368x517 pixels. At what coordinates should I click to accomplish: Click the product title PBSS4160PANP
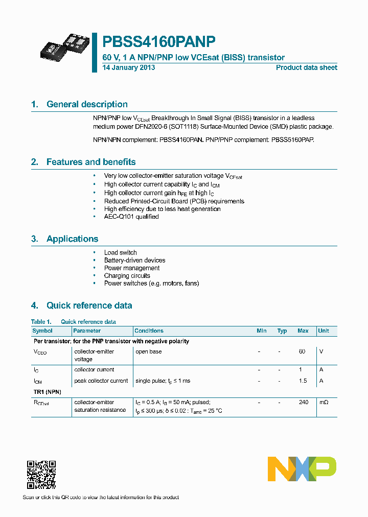click(x=159, y=42)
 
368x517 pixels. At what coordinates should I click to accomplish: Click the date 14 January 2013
click(x=129, y=67)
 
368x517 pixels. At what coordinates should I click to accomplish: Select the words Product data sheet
click(x=306, y=67)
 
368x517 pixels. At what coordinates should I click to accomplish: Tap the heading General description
click(x=87, y=104)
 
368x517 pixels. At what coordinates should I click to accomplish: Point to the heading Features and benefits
click(x=91, y=162)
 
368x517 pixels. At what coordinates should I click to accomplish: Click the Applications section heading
click(x=72, y=239)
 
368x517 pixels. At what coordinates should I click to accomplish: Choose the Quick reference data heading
click(x=89, y=306)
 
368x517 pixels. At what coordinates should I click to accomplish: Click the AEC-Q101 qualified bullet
click(x=131, y=217)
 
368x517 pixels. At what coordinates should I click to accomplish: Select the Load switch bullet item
click(x=120, y=252)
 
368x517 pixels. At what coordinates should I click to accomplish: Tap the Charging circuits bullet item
click(x=127, y=275)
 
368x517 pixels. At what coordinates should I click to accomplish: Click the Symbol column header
click(x=42, y=331)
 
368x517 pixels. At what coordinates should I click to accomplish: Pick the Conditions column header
click(x=149, y=331)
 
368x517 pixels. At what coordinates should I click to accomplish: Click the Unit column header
click(x=324, y=331)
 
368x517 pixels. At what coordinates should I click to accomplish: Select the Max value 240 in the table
click(x=303, y=402)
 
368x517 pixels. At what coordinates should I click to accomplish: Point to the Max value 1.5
click(x=303, y=381)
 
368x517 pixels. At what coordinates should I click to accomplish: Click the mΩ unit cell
click(x=324, y=402)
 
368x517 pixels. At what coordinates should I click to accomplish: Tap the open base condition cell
click(x=148, y=351)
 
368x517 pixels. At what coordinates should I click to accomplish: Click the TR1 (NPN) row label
click(x=47, y=391)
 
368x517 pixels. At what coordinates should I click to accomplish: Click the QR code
click(x=41, y=475)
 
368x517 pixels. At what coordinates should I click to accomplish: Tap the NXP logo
click(x=302, y=468)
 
